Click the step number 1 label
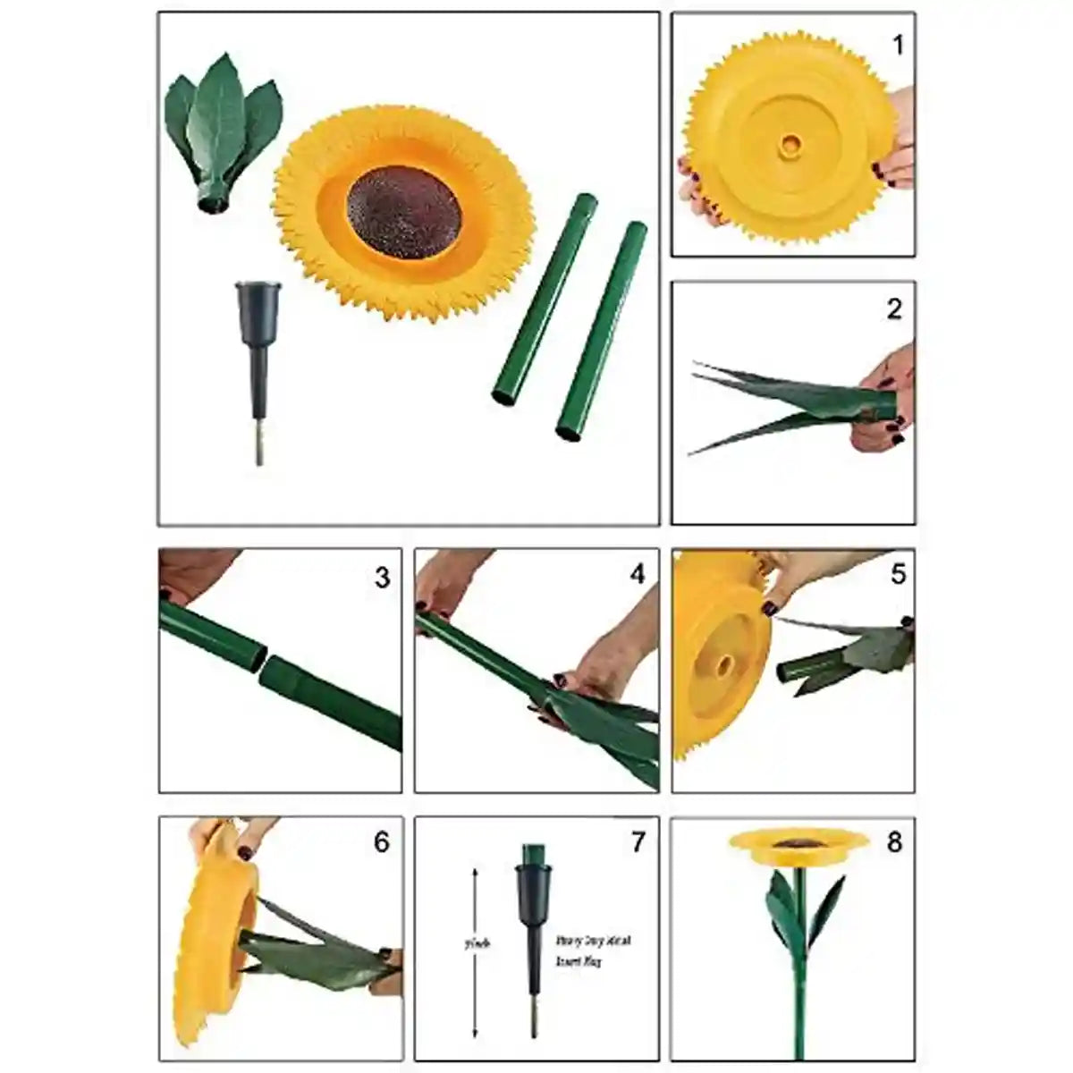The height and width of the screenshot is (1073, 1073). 898,44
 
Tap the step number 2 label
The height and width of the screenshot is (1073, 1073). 894,309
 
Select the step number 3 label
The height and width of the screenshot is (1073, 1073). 382,578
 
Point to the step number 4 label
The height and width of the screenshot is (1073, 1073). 637,574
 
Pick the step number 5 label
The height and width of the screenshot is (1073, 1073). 898,574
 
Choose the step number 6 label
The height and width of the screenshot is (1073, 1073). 382,842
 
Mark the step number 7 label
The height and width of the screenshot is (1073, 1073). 638,842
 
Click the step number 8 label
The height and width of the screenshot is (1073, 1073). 895,842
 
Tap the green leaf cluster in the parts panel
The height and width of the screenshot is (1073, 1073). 220,125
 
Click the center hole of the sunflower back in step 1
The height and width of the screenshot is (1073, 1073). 790,143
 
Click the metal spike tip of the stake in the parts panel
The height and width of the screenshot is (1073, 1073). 259,447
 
